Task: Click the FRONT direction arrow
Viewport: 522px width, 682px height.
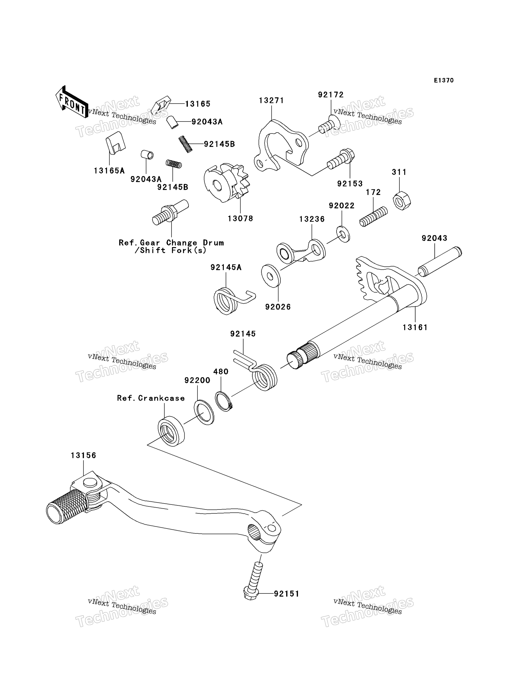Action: tap(71, 102)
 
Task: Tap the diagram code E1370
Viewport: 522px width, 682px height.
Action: tap(444, 80)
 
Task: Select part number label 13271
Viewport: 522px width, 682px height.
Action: tap(271, 101)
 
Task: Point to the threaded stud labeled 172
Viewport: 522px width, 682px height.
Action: tap(373, 217)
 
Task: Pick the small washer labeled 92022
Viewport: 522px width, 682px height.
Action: tap(343, 234)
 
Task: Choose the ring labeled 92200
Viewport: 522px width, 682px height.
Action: tap(204, 412)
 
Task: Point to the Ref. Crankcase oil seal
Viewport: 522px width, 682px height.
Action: tap(171, 431)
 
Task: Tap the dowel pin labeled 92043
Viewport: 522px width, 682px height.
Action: tap(439, 261)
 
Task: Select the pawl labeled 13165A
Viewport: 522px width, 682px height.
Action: tap(115, 142)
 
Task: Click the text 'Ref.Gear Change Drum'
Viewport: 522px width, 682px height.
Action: tap(171, 242)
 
